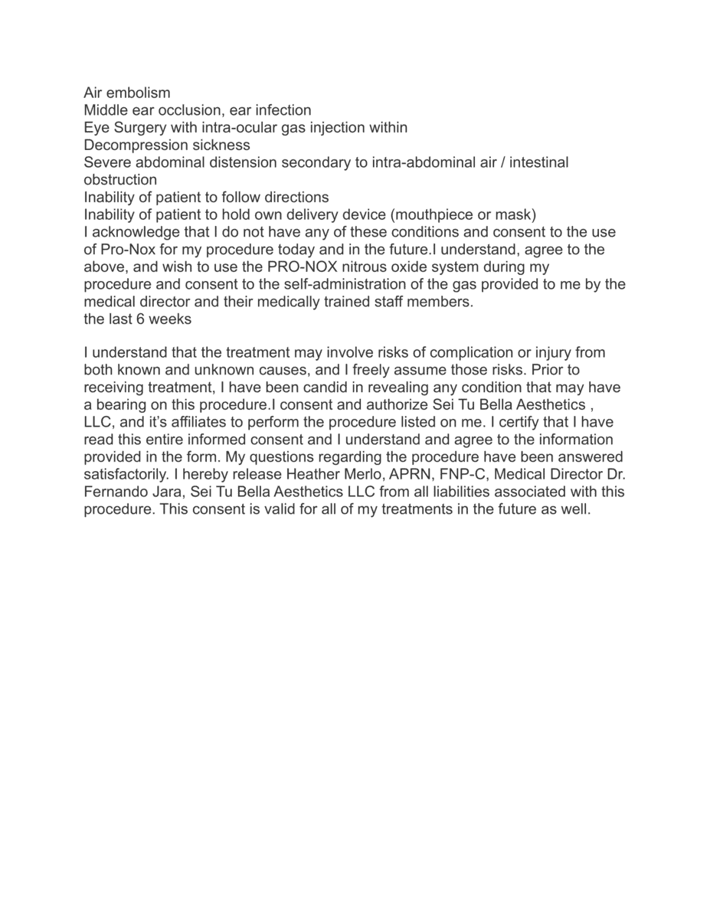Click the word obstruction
pos(120,180)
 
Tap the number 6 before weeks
pos(141,319)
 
